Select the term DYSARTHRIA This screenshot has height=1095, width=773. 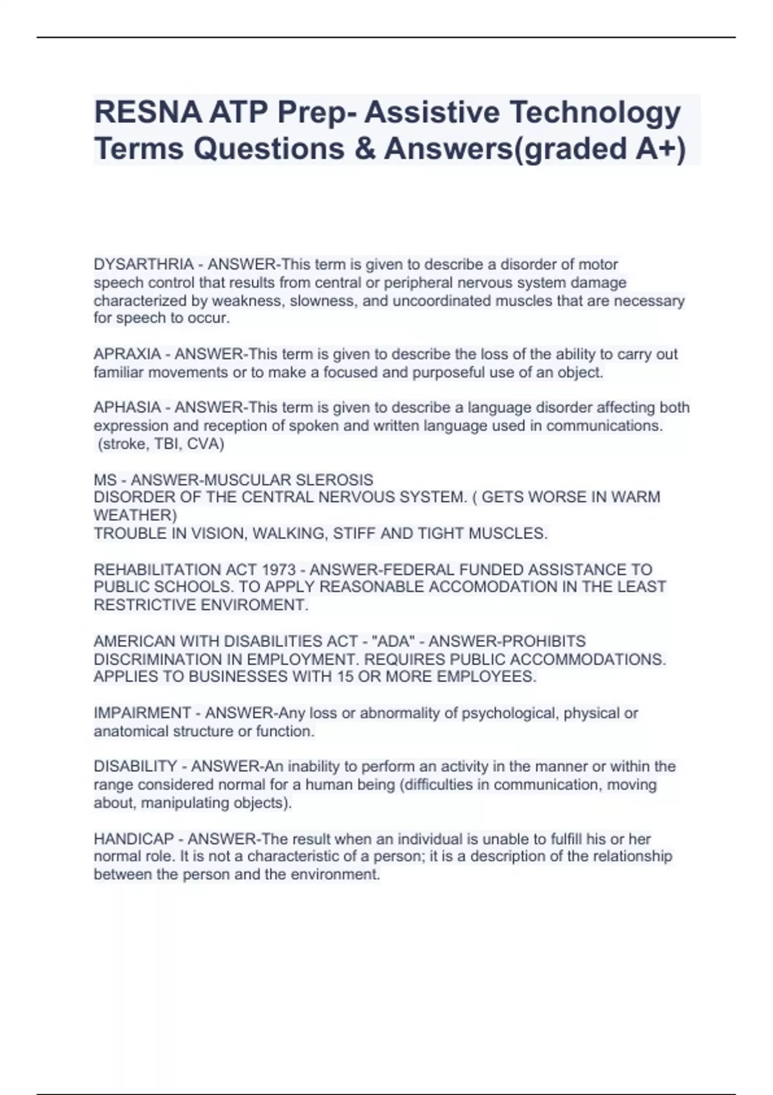[x=144, y=264]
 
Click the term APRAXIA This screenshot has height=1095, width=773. [x=127, y=354]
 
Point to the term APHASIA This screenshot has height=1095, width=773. [x=127, y=408]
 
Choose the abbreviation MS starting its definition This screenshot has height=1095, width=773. [x=105, y=480]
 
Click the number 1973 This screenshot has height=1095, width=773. [x=278, y=569]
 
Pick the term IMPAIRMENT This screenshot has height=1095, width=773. [x=142, y=713]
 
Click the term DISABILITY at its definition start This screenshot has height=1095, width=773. [x=135, y=766]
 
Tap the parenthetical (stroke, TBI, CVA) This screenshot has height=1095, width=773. [x=160, y=444]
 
